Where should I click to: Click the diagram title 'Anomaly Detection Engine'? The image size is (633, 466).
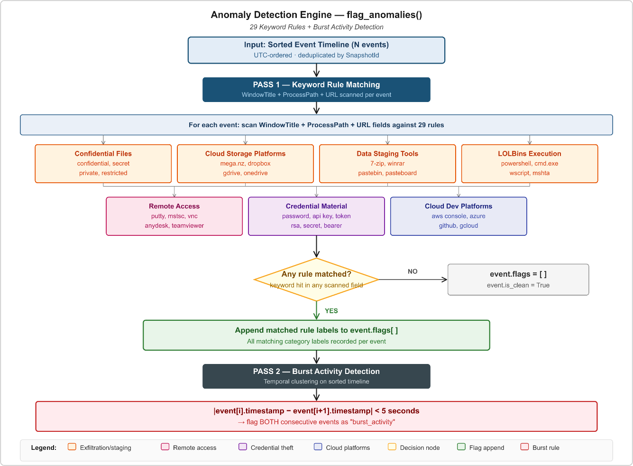[271, 15]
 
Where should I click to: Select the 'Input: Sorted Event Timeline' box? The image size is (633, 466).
[316, 50]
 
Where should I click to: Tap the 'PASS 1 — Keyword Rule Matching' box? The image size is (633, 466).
[316, 90]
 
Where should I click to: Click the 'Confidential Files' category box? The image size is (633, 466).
[103, 164]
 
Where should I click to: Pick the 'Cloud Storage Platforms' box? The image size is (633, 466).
[245, 164]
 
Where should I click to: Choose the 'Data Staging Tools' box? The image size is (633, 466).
[387, 164]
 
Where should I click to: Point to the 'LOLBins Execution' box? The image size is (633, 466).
[530, 164]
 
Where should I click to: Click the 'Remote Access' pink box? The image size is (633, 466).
[174, 216]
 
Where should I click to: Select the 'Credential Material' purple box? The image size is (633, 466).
[317, 216]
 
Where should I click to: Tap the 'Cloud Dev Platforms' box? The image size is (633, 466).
[459, 216]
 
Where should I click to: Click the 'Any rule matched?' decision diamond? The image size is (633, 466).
[316, 280]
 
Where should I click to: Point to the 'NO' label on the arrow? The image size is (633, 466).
[413, 271]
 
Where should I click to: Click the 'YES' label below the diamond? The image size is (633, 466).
[331, 311]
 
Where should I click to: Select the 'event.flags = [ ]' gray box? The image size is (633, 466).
[518, 280]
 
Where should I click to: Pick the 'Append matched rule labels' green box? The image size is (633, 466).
[316, 335]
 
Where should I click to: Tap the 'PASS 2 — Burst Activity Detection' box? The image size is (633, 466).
[316, 376]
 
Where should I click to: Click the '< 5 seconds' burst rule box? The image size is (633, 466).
[316, 416]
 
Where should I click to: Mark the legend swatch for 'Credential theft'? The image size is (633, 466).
[243, 447]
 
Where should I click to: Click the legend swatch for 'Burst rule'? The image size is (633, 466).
[524, 447]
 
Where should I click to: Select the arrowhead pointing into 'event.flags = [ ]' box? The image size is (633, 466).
[445, 280]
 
